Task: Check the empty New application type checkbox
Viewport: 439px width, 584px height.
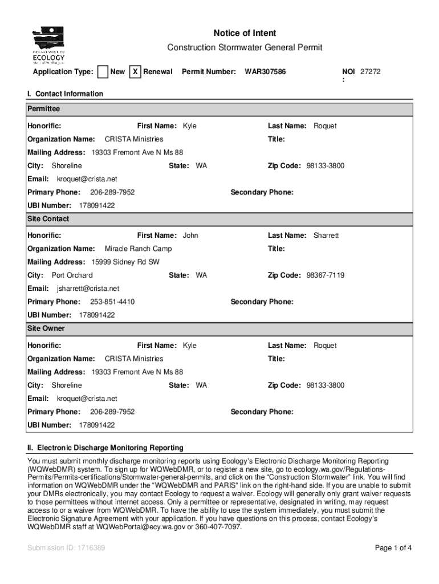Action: (103, 72)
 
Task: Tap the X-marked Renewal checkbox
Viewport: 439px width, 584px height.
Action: (135, 72)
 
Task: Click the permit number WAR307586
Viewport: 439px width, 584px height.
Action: (265, 72)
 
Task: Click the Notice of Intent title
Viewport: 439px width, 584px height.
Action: (245, 33)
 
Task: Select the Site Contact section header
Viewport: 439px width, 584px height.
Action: (48, 219)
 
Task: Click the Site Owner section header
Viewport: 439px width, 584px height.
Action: (46, 328)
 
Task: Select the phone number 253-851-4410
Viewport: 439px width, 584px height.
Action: (112, 302)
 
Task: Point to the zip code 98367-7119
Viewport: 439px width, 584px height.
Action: (325, 275)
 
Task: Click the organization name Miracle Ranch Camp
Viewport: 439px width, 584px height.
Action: (138, 249)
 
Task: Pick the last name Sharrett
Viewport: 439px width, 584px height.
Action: (326, 236)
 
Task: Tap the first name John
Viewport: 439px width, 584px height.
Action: (190, 236)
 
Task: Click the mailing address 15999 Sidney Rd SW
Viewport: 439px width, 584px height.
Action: (125, 262)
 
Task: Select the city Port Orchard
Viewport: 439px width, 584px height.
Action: (72, 275)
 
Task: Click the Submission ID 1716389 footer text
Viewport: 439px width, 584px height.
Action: (66, 548)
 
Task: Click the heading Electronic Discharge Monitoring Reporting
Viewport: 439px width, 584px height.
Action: (110, 448)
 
